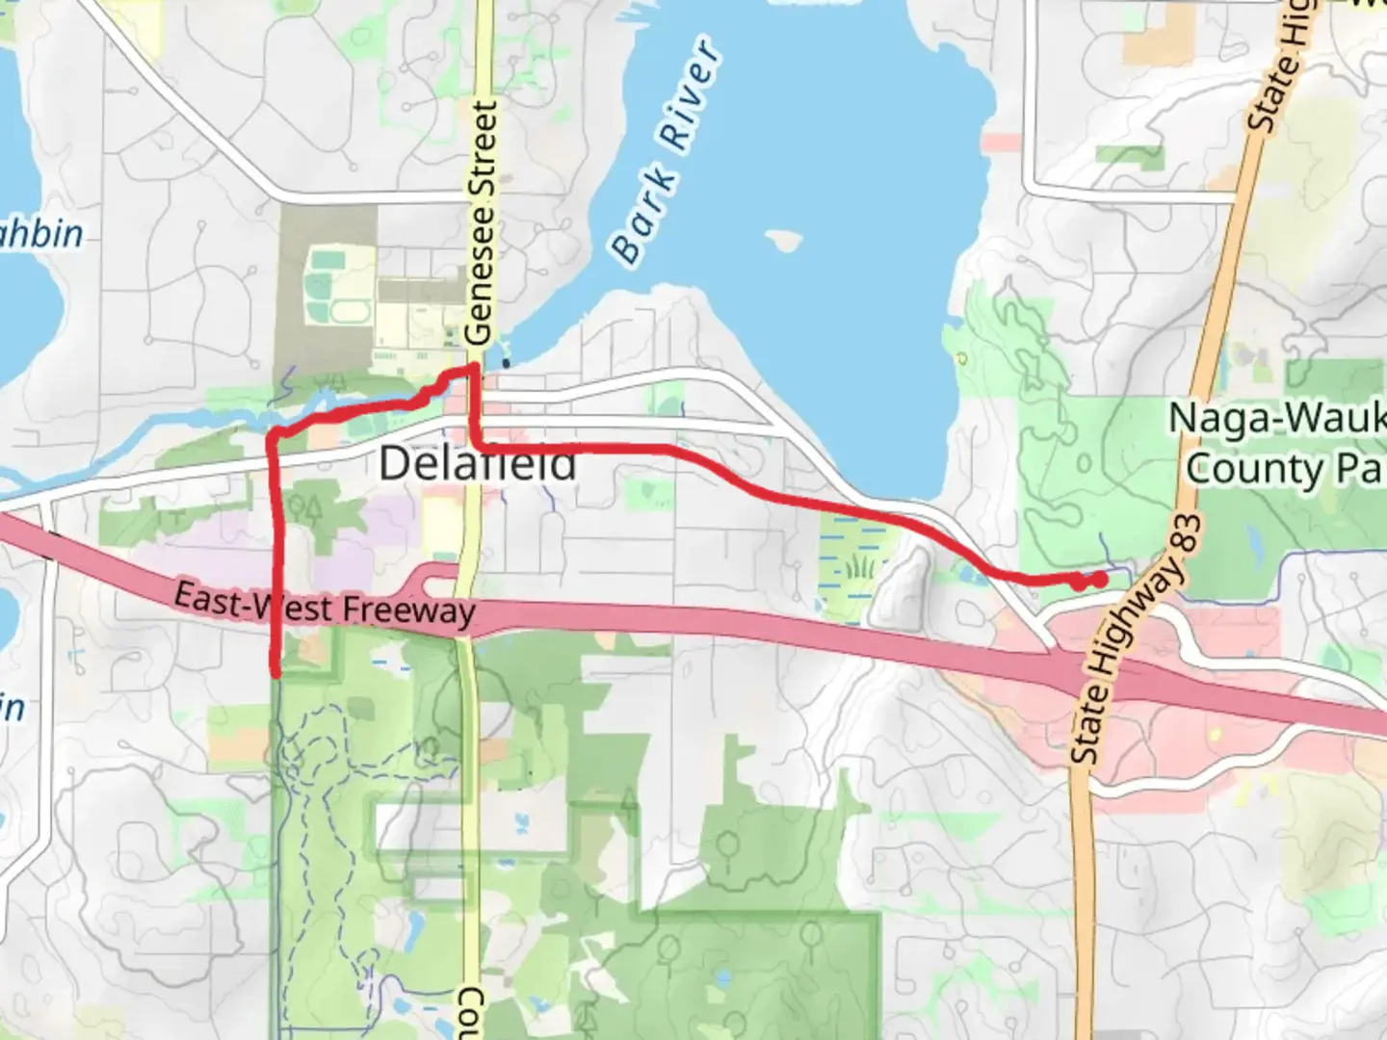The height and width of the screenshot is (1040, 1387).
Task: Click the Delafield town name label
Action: [478, 464]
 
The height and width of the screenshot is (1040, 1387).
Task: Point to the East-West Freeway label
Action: [325, 606]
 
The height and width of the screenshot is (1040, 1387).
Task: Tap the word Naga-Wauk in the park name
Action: [1276, 419]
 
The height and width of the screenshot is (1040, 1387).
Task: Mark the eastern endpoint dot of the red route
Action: [1098, 580]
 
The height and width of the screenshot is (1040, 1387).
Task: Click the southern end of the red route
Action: [277, 673]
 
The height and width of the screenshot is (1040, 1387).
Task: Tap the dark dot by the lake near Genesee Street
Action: [507, 364]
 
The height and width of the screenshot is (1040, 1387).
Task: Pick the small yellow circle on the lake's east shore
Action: [960, 359]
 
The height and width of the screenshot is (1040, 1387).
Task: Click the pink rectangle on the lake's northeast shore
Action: [1002, 143]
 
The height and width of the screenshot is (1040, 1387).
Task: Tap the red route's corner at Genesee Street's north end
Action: [473, 369]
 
